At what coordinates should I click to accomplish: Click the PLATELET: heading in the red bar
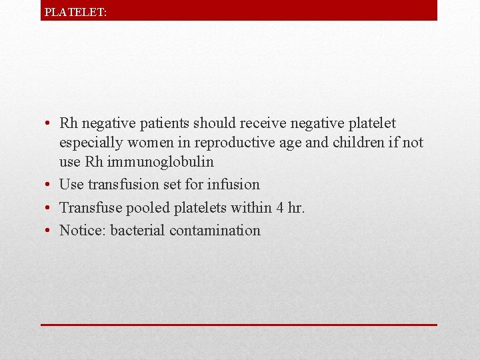pos(75,12)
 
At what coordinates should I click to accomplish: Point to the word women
pos(150,143)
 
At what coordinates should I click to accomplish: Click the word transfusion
pos(127,185)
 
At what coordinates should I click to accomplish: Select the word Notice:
pos(83,231)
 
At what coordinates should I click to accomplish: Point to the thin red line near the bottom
pos(239,325)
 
